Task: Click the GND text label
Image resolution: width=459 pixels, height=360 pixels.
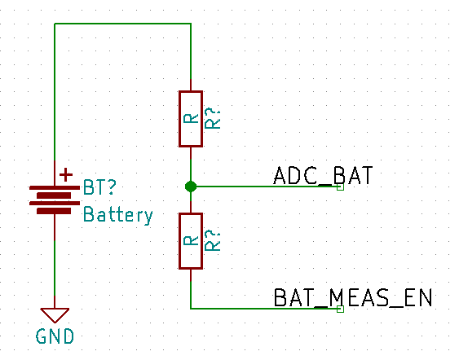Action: pos(55,336)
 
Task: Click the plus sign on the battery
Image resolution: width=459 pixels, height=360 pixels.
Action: pos(66,175)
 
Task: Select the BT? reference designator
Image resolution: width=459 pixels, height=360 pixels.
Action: pos(99,187)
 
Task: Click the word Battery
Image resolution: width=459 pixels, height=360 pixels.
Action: pos(118,215)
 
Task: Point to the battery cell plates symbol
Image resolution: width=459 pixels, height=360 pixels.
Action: pos(55,200)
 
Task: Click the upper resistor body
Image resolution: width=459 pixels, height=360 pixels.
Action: pos(191,119)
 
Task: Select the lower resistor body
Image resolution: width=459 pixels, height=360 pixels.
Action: pos(191,241)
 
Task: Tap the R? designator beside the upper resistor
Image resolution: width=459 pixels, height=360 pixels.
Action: pos(212,118)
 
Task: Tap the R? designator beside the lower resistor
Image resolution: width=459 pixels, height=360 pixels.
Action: pos(212,241)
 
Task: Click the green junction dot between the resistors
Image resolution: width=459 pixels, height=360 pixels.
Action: pos(191,187)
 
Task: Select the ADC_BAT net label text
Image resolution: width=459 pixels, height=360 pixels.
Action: pos(323,175)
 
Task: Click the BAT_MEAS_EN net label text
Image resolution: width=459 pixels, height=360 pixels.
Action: pos(353,298)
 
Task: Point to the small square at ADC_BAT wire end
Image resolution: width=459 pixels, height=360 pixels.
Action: pos(340,187)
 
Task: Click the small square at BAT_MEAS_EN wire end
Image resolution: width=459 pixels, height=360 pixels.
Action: pos(340,309)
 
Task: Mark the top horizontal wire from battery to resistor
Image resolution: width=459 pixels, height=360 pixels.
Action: pos(122,24)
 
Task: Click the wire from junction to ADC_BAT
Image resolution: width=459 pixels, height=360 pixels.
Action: pos(265,187)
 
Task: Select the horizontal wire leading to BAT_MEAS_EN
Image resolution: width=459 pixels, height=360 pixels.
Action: pos(265,309)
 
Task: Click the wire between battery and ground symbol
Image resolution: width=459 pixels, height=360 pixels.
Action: pos(55,261)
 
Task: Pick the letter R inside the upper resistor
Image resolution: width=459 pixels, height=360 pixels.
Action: pos(191,118)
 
